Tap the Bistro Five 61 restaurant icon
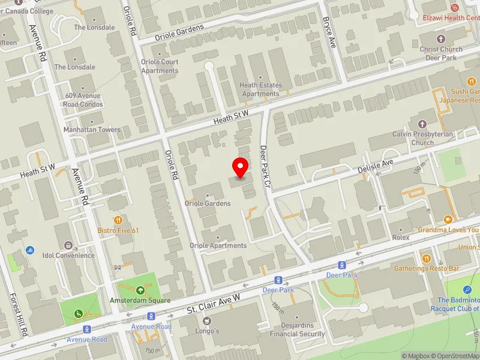click(118, 220)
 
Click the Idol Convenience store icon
click(68, 245)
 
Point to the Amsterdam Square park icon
click(140, 290)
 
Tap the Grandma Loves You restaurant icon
click(448, 220)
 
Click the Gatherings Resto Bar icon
click(426, 258)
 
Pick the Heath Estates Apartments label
click(260, 89)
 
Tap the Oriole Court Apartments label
click(160, 66)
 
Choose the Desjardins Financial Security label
click(298, 330)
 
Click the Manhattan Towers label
click(92, 130)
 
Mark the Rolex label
click(400, 238)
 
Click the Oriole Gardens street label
click(179, 32)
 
